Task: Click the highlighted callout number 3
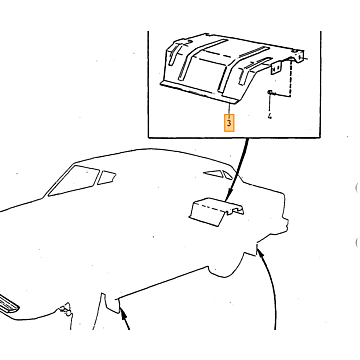[x=229, y=123]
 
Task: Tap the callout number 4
[x=270, y=116]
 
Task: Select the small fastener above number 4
[x=270, y=92]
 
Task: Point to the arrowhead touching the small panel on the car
[x=228, y=197]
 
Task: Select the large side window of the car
[x=74, y=181]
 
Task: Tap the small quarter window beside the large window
[x=106, y=177]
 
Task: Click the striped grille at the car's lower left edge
[x=8, y=304]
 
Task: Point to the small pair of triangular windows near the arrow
[x=218, y=174]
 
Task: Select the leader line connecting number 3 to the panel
[x=229, y=108]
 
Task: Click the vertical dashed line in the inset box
[x=292, y=77]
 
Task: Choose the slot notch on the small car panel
[x=238, y=210]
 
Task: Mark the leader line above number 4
[x=270, y=104]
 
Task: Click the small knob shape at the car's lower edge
[x=66, y=309]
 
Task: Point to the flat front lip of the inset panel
[x=199, y=92]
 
